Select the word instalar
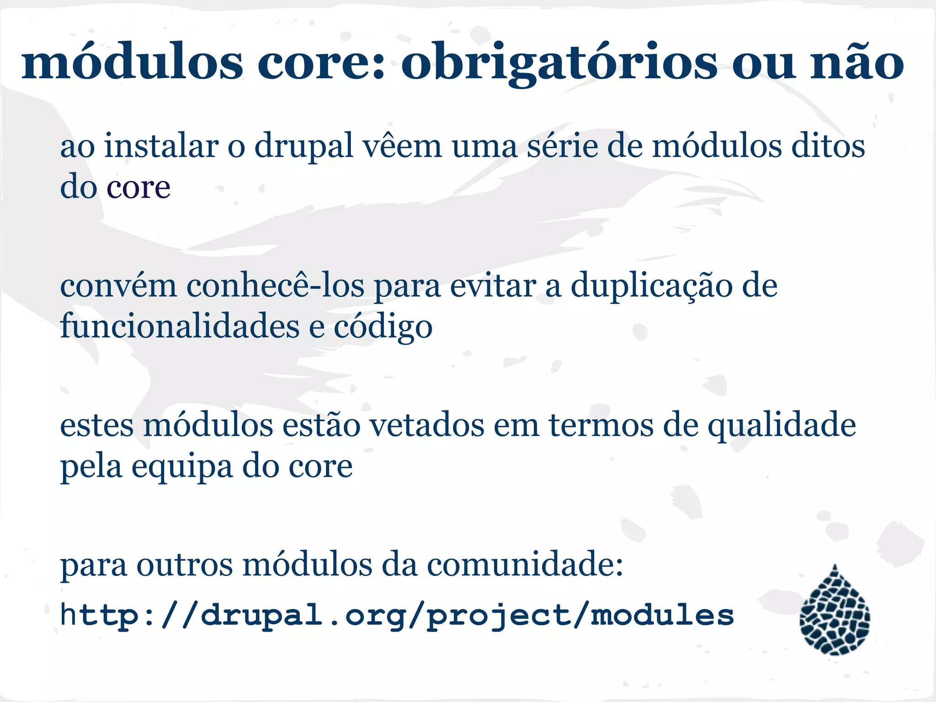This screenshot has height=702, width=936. coord(162,146)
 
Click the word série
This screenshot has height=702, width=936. coord(563,146)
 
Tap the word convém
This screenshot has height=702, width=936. coord(118,286)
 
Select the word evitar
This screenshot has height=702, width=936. coord(493,286)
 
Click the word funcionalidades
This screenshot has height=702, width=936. coord(180,326)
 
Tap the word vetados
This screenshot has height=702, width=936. coord(426,425)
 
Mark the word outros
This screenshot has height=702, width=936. coord(185,565)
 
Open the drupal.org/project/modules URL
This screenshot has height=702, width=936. coord(397,616)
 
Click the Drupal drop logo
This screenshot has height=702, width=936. coord(835,611)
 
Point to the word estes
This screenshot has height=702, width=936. coord(97,425)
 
